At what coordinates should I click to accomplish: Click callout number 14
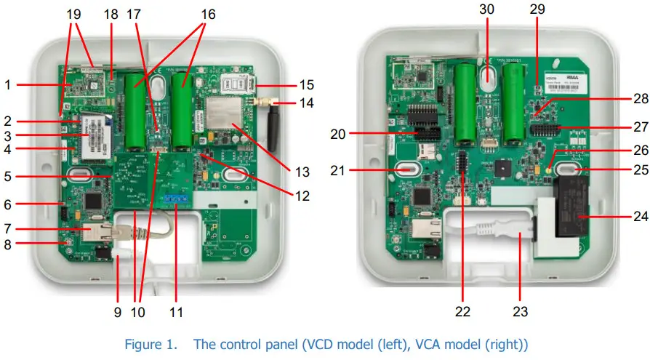point(307,103)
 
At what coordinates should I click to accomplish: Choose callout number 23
point(521,313)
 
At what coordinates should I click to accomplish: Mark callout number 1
point(7,85)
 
